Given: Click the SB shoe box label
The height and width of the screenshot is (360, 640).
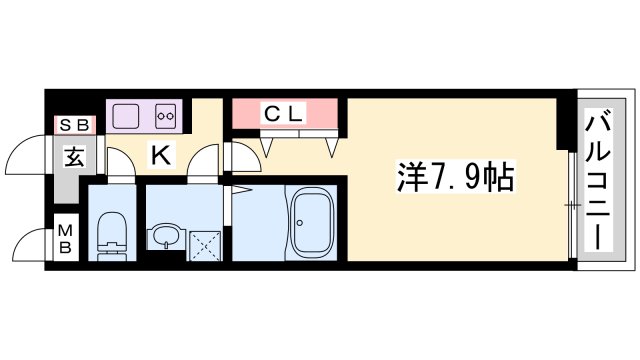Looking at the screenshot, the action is (75, 125).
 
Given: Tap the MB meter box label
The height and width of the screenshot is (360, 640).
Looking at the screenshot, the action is (65, 239).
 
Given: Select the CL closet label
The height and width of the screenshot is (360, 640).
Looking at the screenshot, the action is (284, 114).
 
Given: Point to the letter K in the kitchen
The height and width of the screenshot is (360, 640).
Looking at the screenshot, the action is (161, 155).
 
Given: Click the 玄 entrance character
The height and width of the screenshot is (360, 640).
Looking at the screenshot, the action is (75, 157).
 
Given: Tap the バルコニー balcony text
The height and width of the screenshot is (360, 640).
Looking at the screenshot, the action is (598, 182).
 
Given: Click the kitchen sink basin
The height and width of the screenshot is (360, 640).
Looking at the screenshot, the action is (126, 116).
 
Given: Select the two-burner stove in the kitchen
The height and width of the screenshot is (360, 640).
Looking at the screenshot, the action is (166, 116).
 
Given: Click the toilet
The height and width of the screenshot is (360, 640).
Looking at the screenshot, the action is (112, 236).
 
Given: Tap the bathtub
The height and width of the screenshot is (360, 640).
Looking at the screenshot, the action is (312, 222).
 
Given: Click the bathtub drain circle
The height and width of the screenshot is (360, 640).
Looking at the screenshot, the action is (300, 223).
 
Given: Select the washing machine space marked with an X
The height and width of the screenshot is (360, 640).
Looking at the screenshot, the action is (204, 246).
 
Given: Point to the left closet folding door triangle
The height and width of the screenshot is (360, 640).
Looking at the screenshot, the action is (267, 148).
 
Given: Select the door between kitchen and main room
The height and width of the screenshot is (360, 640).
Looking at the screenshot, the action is (243, 157).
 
